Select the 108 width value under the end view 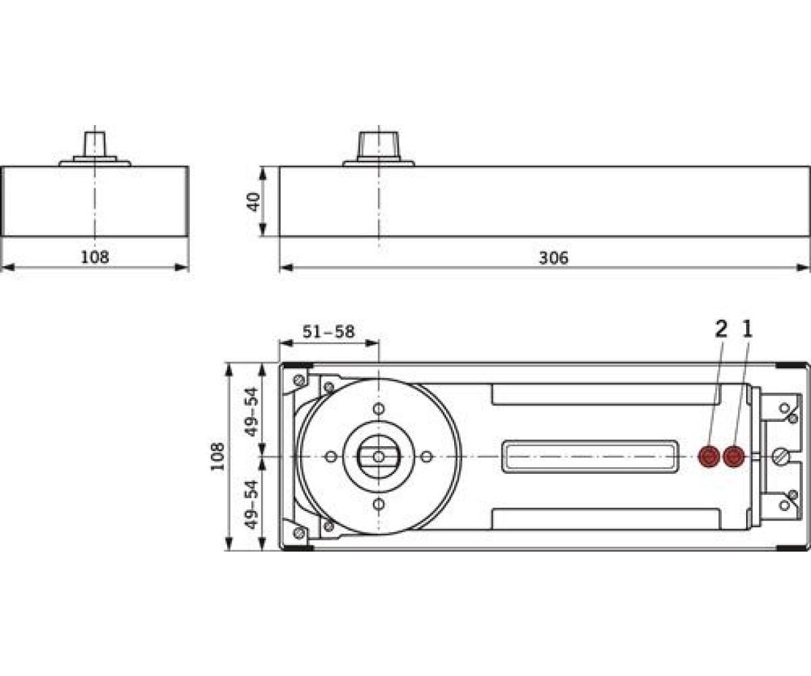[x=95, y=258]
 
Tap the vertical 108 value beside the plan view [x=218, y=457]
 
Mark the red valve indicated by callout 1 [x=733, y=457]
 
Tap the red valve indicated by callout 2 [x=708, y=457]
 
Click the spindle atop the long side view [x=379, y=143]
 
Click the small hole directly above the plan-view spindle [x=379, y=408]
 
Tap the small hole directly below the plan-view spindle [x=379, y=505]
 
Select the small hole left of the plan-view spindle [x=330, y=457]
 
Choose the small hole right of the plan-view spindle [x=427, y=457]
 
